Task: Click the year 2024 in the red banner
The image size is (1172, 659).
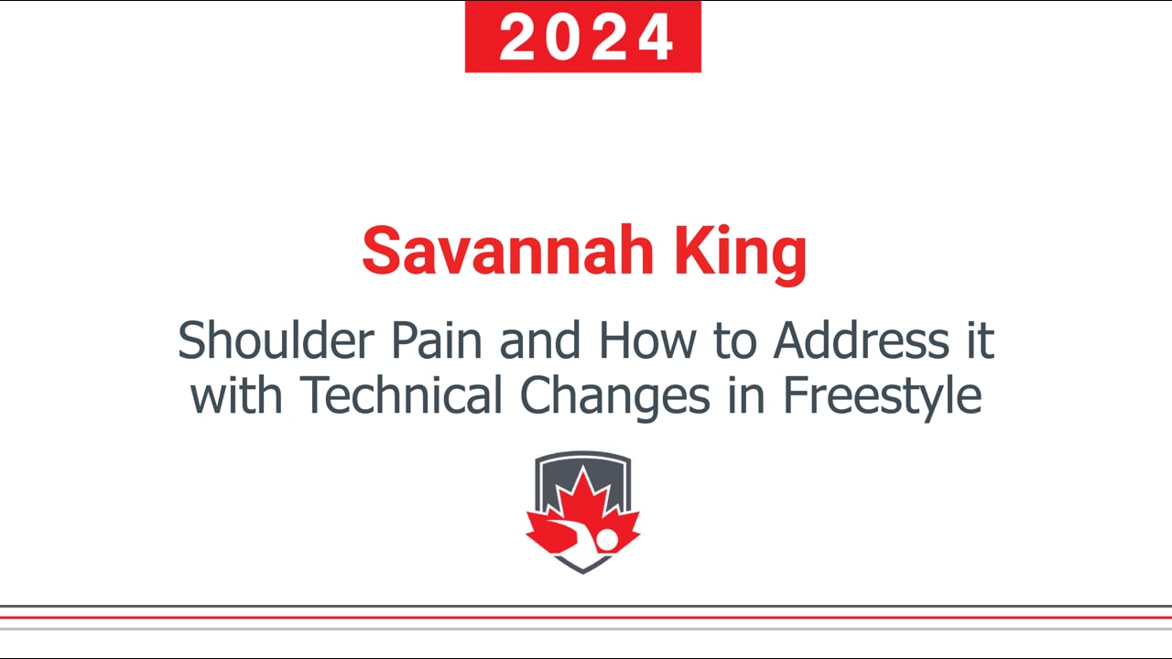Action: coord(585,38)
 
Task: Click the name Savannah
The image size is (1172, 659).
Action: coord(507,251)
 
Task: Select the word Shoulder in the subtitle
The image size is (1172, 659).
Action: coord(277,340)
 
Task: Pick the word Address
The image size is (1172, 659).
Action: coord(862,340)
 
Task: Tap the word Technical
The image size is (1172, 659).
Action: coord(401,394)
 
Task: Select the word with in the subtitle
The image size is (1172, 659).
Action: coord(236,394)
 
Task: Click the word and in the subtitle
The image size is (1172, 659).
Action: coord(540,340)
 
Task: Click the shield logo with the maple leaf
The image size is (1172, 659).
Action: coord(583,513)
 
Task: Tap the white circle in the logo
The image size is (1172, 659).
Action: coord(607,540)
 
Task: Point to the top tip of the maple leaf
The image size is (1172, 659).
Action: coord(583,466)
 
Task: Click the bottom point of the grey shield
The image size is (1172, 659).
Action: coord(583,574)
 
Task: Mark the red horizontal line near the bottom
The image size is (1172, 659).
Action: coord(586,618)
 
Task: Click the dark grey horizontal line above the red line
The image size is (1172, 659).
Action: coord(586,606)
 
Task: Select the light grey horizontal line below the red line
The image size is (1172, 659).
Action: coord(586,629)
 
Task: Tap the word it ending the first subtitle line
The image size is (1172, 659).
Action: coord(981,340)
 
